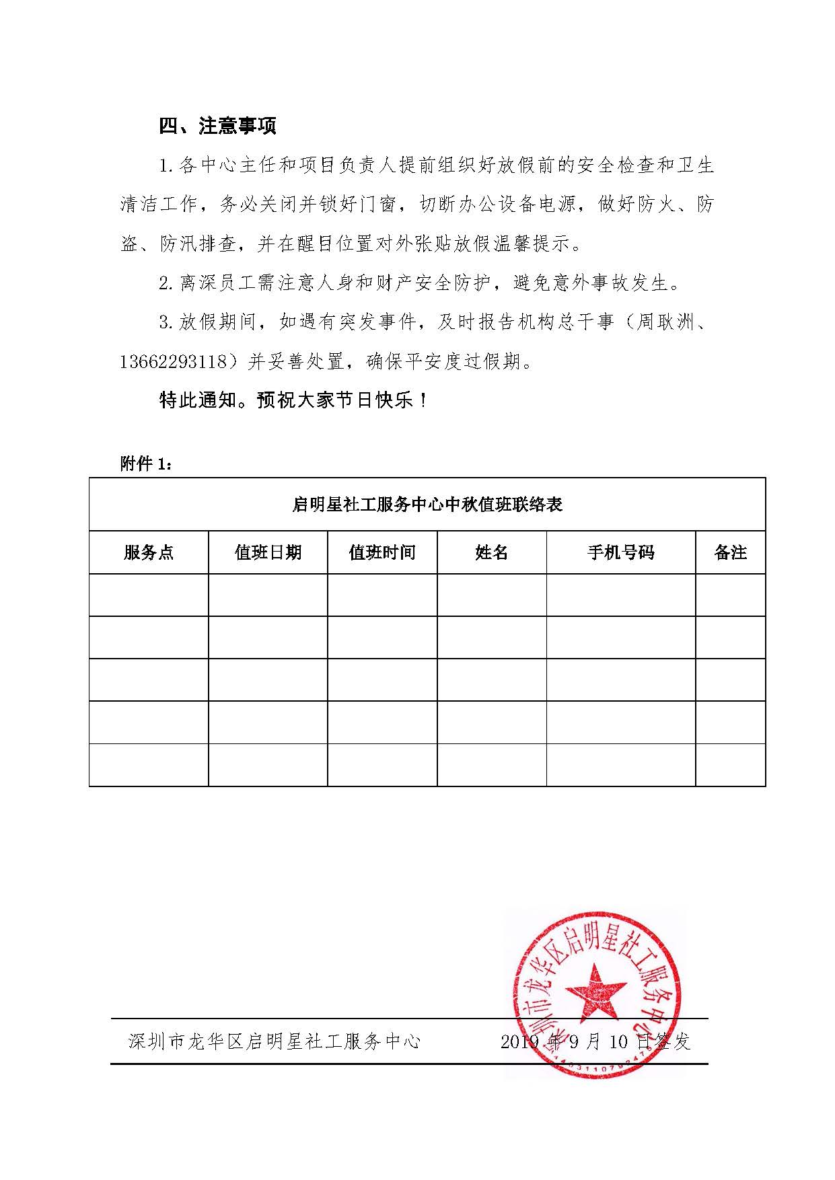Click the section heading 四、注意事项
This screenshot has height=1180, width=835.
pos(217,126)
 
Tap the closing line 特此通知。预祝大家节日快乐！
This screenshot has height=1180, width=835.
pos(293,401)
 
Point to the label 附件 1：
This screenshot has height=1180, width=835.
pos(146,464)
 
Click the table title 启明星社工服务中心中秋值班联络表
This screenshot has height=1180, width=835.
pos(427,505)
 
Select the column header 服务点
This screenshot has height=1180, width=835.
pos(149,553)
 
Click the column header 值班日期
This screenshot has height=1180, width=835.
pos(268,553)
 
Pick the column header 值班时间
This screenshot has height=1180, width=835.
pos(382,553)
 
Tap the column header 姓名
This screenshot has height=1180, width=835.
pos(491,553)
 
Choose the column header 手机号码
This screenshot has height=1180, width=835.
pos(620,553)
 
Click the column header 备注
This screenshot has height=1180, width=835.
pos(730,553)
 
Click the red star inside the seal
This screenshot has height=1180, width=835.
pos(594,992)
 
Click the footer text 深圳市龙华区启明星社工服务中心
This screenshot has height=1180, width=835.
pos(275,1042)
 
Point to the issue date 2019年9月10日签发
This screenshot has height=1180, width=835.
pos(595,1042)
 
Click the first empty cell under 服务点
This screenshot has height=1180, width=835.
pos(149,595)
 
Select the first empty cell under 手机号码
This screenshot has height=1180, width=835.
pos(620,595)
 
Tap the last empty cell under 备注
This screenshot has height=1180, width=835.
pos(730,764)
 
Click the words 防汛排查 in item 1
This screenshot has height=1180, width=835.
pos(198,244)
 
